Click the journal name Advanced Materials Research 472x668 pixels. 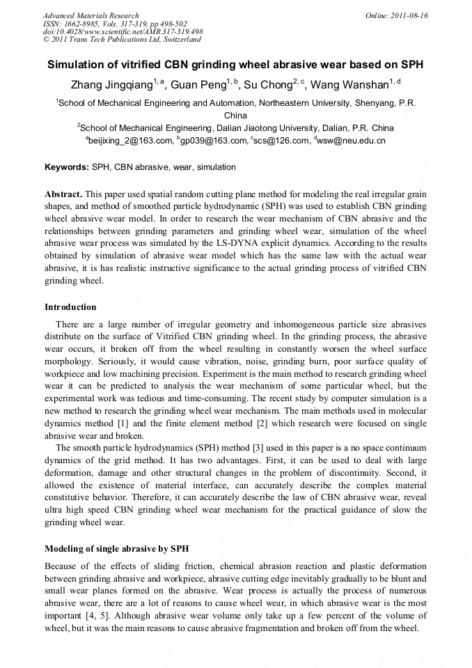click(x=91, y=15)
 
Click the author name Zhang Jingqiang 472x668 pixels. click(x=112, y=86)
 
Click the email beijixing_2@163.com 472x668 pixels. click(x=130, y=141)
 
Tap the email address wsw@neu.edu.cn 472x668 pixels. click(x=351, y=141)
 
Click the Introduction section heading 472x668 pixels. click(x=70, y=307)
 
